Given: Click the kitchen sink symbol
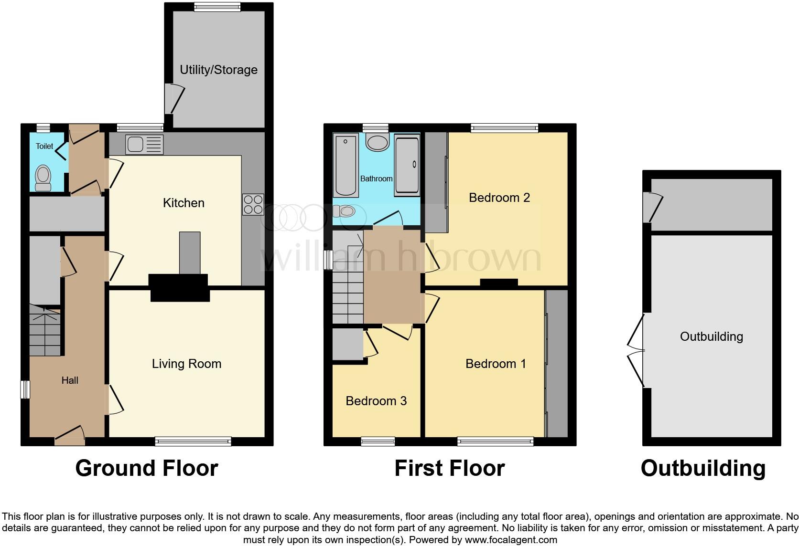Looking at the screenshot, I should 144,145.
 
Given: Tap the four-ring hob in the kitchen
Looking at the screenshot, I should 253,204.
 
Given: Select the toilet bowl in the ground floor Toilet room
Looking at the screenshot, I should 43,178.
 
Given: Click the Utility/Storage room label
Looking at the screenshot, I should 218,70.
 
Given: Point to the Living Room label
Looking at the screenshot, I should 186,364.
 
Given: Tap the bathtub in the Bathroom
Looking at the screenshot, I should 346,165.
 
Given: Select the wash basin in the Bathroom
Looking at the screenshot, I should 378,142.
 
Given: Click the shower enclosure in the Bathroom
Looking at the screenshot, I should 407,165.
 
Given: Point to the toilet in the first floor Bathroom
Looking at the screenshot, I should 344,211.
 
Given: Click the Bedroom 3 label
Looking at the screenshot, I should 376,401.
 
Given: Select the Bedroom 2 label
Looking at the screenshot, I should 499,198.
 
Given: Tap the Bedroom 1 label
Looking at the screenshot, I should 496,364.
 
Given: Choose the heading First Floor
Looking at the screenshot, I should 449,468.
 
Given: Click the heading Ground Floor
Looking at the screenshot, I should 147,468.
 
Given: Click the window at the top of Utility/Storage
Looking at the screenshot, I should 217,7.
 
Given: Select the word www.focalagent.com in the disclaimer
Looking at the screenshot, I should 510,540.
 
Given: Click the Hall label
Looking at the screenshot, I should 70,380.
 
